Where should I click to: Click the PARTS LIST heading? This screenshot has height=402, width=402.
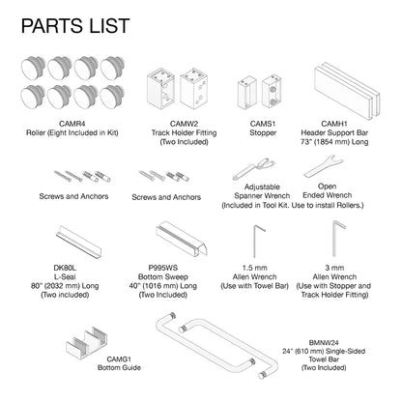[75, 26]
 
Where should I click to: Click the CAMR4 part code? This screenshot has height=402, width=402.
[72, 124]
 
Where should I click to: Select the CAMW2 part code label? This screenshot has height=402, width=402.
[185, 124]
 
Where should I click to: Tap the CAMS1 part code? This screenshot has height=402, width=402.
[263, 124]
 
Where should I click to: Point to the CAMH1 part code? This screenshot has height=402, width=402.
[334, 124]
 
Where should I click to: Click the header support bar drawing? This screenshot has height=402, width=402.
[347, 91]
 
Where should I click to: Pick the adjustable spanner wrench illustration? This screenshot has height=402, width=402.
[254, 169]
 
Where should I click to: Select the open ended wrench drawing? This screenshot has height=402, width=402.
[324, 166]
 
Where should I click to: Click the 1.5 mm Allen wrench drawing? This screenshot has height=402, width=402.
[256, 241]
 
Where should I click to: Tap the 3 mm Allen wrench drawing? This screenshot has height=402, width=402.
[335, 239]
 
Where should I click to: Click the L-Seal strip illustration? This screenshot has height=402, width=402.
[79, 242]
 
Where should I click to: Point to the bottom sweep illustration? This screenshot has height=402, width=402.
[182, 239]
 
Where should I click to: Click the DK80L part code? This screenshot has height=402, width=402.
[65, 268]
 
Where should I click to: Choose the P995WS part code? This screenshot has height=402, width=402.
[163, 268]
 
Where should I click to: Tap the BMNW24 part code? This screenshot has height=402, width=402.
[324, 343]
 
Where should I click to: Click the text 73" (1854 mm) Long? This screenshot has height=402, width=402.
[334, 142]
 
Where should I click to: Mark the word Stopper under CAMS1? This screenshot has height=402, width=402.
[263, 132]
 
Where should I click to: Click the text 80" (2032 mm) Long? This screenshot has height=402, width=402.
[65, 286]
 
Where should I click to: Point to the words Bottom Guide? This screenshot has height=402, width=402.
[119, 367]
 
